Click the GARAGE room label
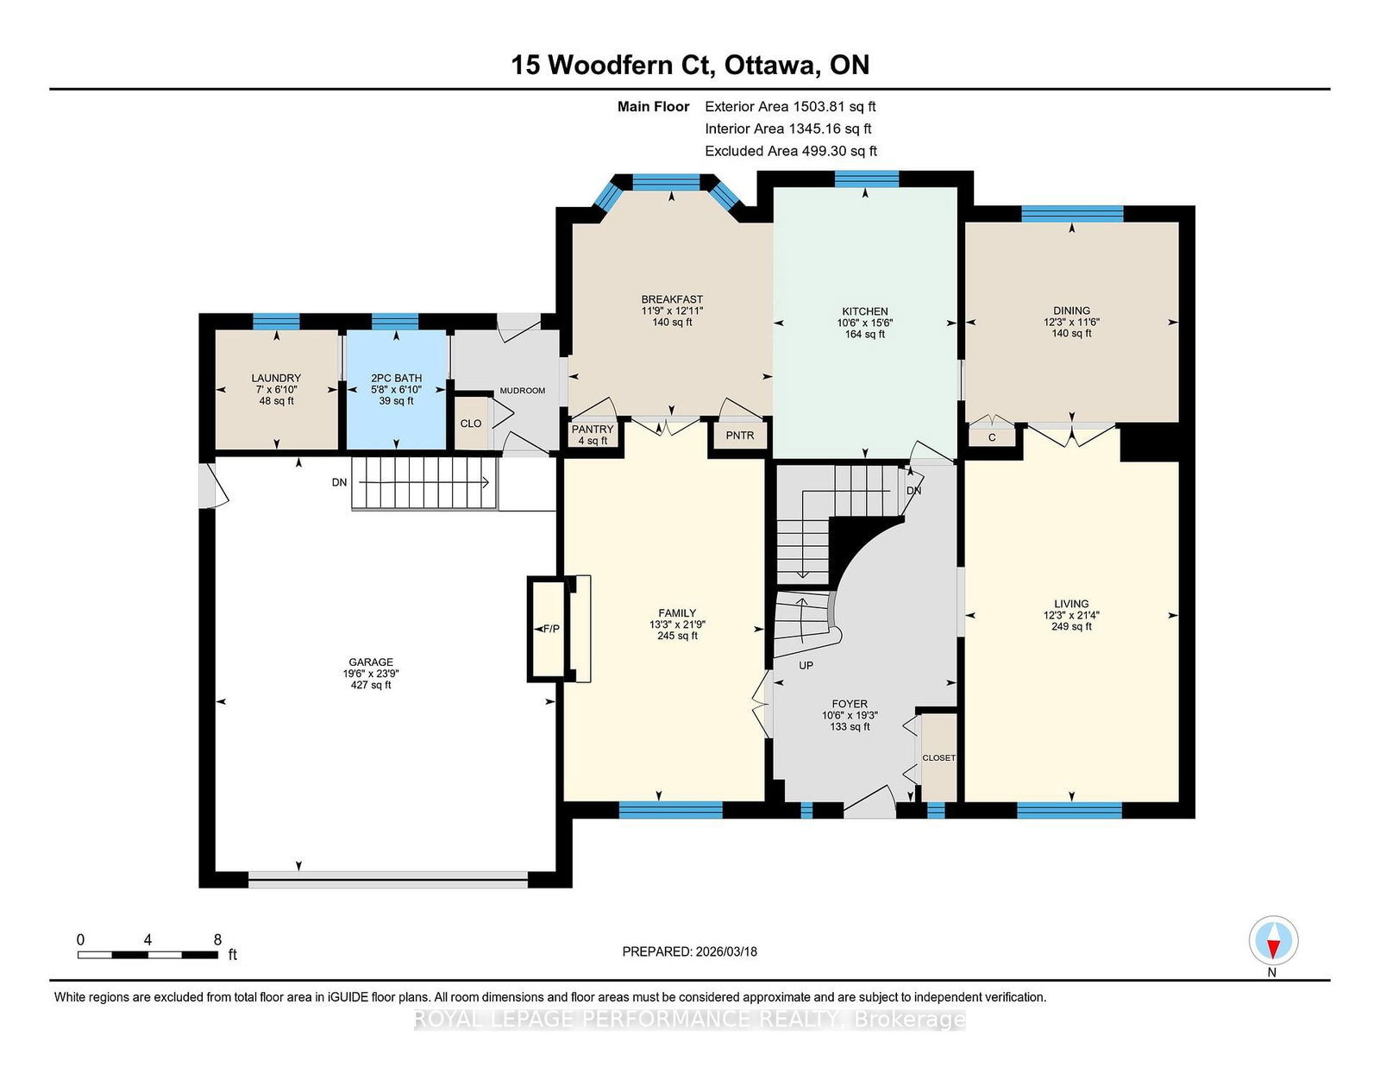coord(371,662)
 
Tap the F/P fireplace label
coord(551,629)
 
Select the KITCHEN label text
coord(865,311)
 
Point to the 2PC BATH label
coord(396,378)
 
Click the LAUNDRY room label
coord(276,378)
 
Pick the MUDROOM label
coord(523,391)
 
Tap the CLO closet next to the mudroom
coord(471,424)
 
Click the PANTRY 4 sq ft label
coord(593,435)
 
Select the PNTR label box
coord(740,436)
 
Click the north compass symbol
coord(1273,940)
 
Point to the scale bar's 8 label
coord(218,940)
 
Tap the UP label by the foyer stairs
coord(806,666)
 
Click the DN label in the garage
coord(339,483)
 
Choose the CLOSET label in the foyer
coord(938,757)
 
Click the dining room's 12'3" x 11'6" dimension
coord(1071,322)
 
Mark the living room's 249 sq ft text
coord(1071,626)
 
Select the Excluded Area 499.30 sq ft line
coord(791,151)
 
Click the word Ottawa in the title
coord(769,65)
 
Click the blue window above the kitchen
coord(866,179)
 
